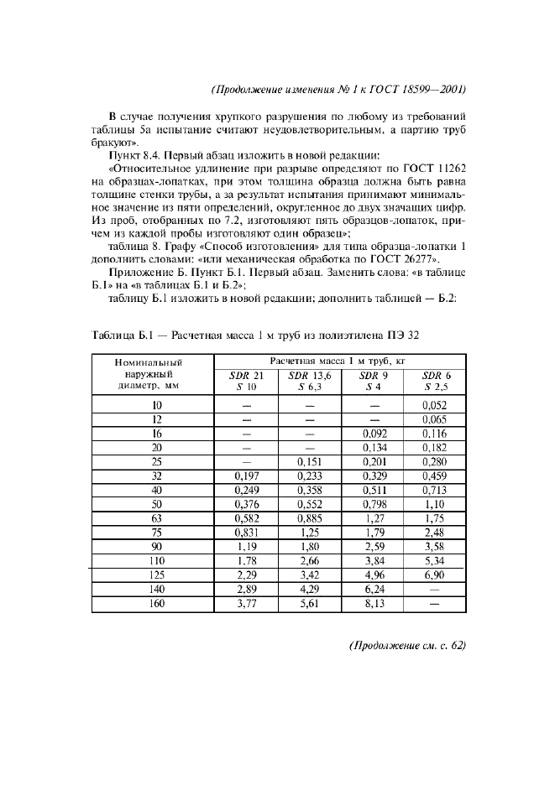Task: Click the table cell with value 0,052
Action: (435, 405)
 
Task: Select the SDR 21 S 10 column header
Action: (247, 381)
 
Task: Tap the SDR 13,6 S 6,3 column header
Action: (309, 381)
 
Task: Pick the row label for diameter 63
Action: (156, 518)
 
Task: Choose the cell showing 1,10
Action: (435, 503)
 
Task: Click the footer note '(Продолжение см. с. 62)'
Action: (406, 670)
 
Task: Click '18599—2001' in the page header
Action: (432, 88)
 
